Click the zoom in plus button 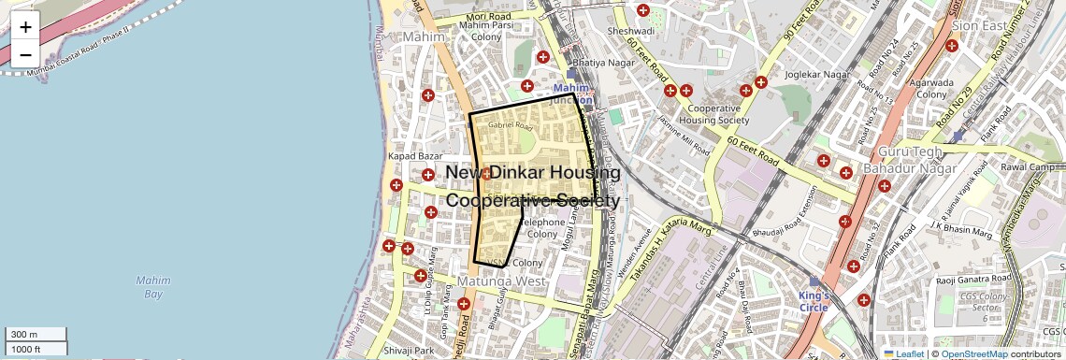[25, 27]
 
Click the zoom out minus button [25, 54]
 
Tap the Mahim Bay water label [152, 286]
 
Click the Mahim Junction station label [571, 94]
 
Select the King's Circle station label [814, 301]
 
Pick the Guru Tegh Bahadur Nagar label [918, 160]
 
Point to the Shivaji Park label [411, 351]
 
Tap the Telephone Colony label [541, 228]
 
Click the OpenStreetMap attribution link [974, 353]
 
